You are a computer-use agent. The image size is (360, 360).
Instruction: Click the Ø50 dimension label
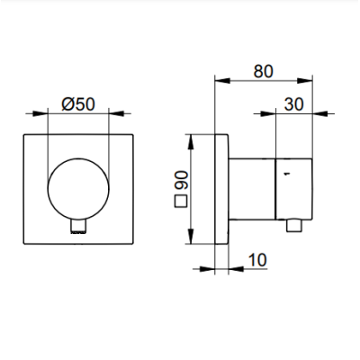click(x=78, y=104)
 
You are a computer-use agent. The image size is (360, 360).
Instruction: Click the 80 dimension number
click(x=264, y=71)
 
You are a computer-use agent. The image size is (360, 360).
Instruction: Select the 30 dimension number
click(x=294, y=104)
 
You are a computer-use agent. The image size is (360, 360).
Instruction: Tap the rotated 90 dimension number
click(x=181, y=180)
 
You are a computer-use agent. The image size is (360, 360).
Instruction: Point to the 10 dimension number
click(x=257, y=260)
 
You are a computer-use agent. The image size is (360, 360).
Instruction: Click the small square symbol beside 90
click(x=181, y=202)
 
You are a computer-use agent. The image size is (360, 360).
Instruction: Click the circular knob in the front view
click(x=78, y=189)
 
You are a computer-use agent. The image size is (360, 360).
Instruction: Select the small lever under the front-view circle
click(x=78, y=226)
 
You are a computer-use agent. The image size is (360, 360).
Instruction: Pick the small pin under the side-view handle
click(x=294, y=225)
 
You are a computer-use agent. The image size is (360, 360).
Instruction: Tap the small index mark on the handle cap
click(x=287, y=173)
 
